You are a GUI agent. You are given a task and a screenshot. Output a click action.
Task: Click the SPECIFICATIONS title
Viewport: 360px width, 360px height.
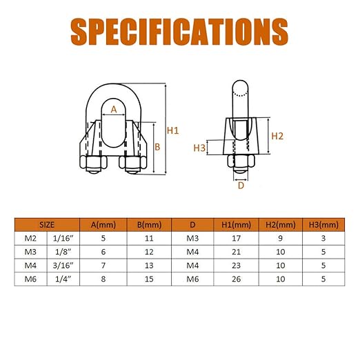[179, 32]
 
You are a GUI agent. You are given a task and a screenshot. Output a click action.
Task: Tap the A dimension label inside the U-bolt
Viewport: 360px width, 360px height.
[114, 110]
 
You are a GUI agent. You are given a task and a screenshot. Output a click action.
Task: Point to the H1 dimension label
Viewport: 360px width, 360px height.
[172, 130]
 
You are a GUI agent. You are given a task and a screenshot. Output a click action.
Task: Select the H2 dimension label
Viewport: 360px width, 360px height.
[277, 136]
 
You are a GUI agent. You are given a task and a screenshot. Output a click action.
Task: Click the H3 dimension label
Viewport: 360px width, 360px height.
[199, 148]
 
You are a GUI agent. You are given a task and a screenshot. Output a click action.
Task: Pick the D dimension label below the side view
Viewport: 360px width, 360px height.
[241, 186]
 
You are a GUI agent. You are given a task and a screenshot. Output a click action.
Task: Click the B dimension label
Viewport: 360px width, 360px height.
[157, 147]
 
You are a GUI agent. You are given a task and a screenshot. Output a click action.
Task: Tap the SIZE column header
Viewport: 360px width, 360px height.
[47, 225]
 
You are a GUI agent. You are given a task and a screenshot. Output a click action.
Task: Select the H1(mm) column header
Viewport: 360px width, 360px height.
[236, 225]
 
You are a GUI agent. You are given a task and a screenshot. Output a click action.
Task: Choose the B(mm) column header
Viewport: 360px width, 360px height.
[149, 225]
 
